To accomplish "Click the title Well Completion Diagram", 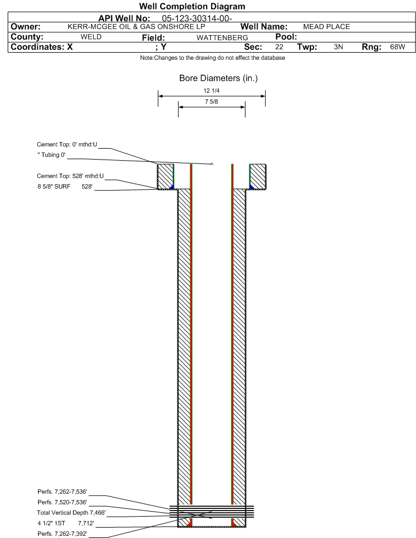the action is point(192,6).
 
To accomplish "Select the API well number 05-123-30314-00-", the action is point(197,19).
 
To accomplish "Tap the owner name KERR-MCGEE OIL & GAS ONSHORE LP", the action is point(136,27).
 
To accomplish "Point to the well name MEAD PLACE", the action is point(327,27).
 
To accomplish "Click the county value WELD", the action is point(91,37).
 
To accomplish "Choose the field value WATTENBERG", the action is point(222,37).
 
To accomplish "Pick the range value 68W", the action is point(397,47).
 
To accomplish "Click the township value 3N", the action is point(338,47).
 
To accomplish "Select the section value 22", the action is point(279,47).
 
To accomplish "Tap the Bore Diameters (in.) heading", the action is point(219,78).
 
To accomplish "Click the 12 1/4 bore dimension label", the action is point(211,90).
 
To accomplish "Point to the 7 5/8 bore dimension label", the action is point(211,101).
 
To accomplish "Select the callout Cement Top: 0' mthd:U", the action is point(67,144).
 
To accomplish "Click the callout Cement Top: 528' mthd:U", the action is point(70,176).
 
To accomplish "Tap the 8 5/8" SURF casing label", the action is point(54,186).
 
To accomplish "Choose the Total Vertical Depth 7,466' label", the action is point(71,513).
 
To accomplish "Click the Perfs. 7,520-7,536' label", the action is point(62,502).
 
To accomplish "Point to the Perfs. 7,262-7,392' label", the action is point(62,534).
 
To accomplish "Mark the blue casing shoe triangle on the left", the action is point(172,187).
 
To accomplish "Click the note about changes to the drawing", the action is point(212,58).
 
